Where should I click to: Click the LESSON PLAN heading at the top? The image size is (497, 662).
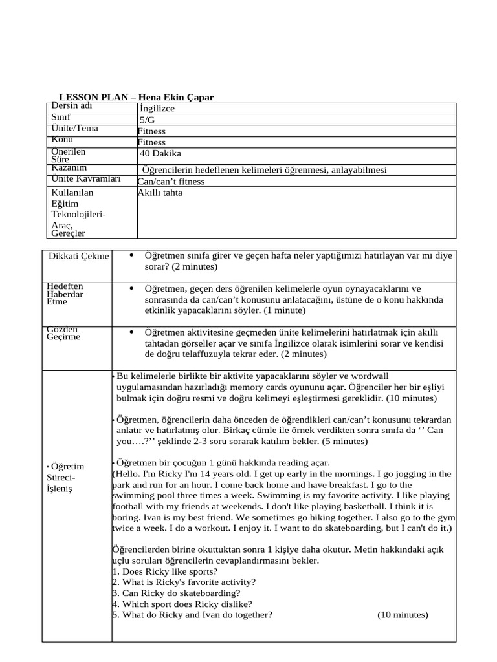tap(136, 97)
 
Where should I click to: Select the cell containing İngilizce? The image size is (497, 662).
tap(157, 109)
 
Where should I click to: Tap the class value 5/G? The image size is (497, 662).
tap(148, 120)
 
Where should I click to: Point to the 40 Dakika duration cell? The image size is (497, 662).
tap(160, 154)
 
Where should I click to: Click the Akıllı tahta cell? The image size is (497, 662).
tap(160, 193)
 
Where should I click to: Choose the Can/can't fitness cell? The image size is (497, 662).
tap(171, 182)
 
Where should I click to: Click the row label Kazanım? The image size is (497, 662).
tap(69, 167)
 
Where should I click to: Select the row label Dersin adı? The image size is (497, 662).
tap(72, 105)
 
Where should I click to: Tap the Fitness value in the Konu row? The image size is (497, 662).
tap(151, 142)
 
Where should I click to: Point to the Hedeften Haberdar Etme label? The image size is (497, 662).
tap(65, 294)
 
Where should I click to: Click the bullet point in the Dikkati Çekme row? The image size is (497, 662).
tap(131, 255)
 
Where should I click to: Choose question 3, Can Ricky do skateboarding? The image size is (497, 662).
tap(176, 593)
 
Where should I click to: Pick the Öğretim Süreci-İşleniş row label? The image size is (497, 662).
tap(68, 477)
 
